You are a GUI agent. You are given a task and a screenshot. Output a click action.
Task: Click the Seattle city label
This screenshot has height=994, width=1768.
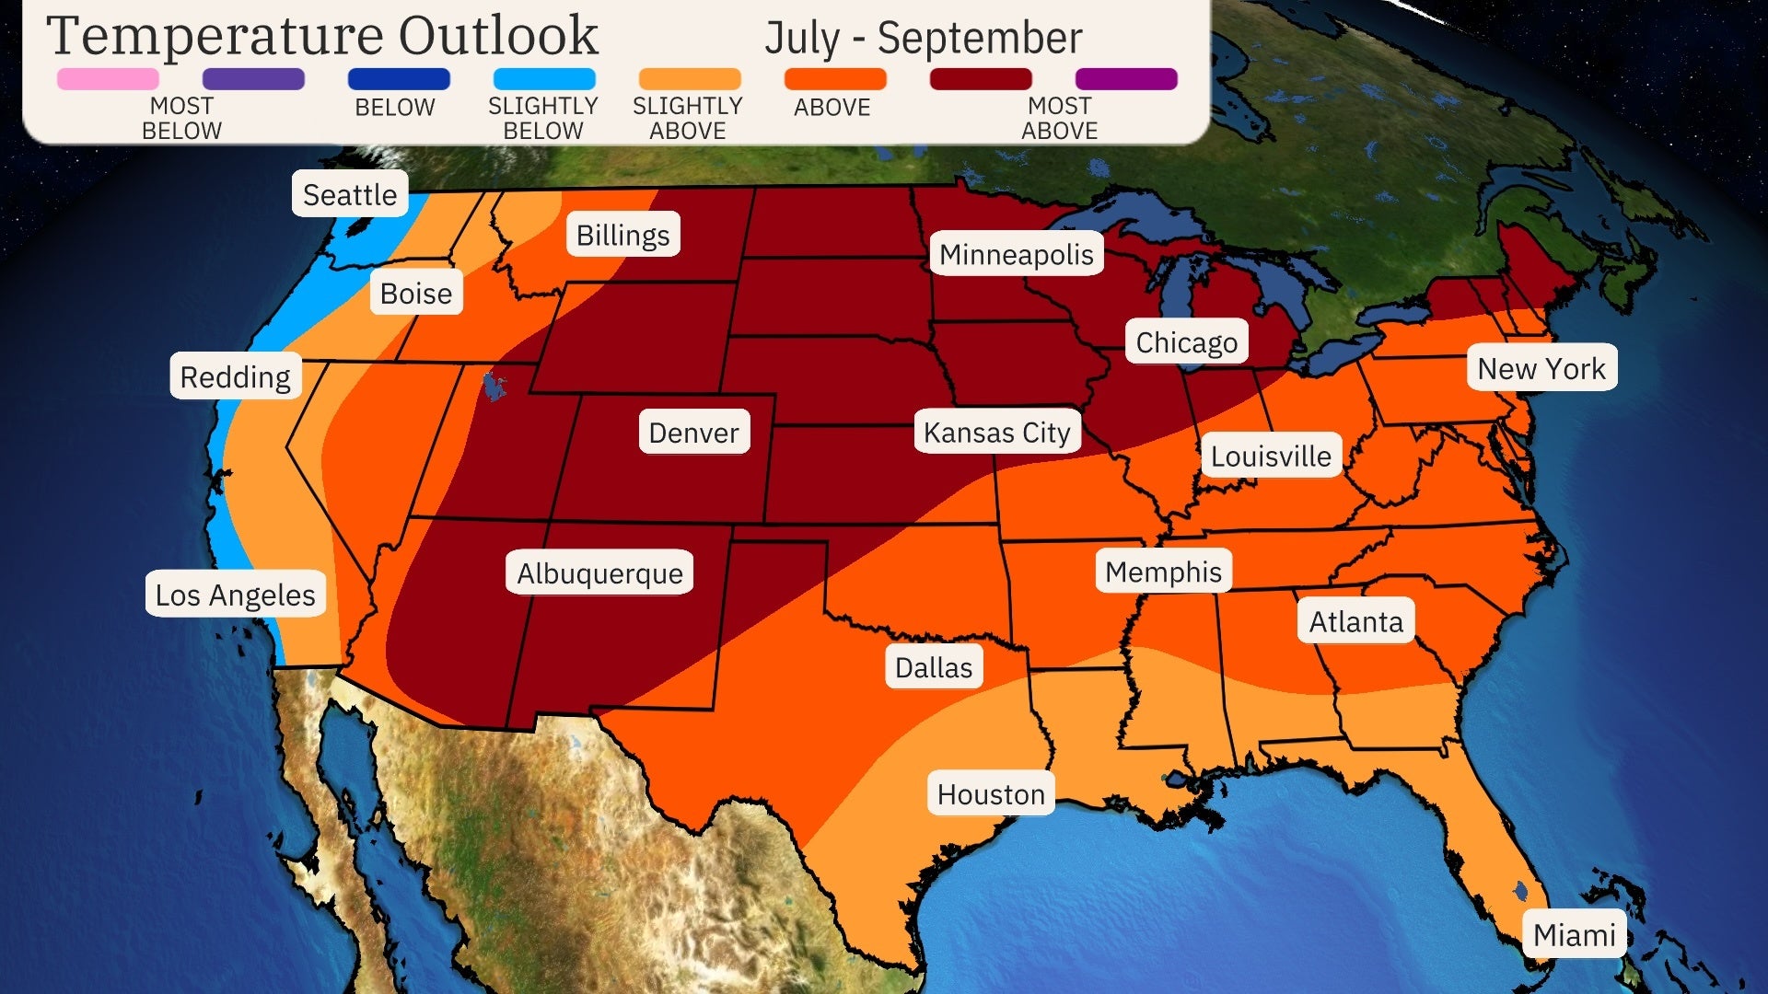pyautogui.click(x=350, y=194)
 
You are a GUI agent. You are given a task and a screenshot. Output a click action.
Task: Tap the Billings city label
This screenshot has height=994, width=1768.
pyautogui.click(x=622, y=235)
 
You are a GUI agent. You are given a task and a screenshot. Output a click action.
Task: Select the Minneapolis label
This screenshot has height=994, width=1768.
pyautogui.click(x=1016, y=254)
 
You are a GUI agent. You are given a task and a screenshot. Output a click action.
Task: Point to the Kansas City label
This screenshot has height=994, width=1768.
pyautogui.click(x=996, y=432)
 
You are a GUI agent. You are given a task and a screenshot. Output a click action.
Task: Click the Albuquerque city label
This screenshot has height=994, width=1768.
pyautogui.click(x=599, y=572)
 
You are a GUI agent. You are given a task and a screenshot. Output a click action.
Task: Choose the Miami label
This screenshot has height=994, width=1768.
pyautogui.click(x=1574, y=934)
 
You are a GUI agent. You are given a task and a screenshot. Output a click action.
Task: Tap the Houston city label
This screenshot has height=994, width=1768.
pyautogui.click(x=991, y=793)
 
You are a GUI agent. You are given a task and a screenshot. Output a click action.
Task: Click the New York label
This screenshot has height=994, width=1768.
pyautogui.click(x=1541, y=368)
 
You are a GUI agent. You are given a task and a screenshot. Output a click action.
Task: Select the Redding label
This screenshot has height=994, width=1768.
pyautogui.click(x=235, y=376)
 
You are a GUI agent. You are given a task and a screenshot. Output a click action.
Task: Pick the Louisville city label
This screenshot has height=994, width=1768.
pyautogui.click(x=1270, y=456)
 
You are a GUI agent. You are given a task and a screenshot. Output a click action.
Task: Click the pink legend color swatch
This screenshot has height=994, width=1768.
pyautogui.click(x=108, y=79)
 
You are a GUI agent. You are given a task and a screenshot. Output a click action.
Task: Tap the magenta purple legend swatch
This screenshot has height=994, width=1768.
pyautogui.click(x=1125, y=79)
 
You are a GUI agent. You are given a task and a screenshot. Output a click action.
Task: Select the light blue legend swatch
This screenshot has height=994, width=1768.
pyautogui.click(x=543, y=79)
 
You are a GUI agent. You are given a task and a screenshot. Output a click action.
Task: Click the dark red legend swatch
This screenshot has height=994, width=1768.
pyautogui.click(x=980, y=79)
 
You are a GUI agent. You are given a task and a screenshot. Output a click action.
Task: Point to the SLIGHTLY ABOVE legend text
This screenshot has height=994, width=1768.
pyautogui.click(x=687, y=118)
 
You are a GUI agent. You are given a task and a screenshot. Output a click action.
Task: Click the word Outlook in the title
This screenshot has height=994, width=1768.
pyautogui.click(x=498, y=37)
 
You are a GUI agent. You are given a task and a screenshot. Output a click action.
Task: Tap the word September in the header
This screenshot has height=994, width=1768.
pyautogui.click(x=979, y=39)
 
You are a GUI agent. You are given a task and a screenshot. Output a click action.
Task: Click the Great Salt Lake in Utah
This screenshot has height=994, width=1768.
pyautogui.click(x=494, y=386)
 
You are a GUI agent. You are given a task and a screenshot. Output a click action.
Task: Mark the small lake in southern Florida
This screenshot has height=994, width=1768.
pyautogui.click(x=1519, y=891)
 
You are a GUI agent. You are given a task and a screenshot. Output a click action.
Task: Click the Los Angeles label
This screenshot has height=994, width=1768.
pyautogui.click(x=235, y=595)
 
